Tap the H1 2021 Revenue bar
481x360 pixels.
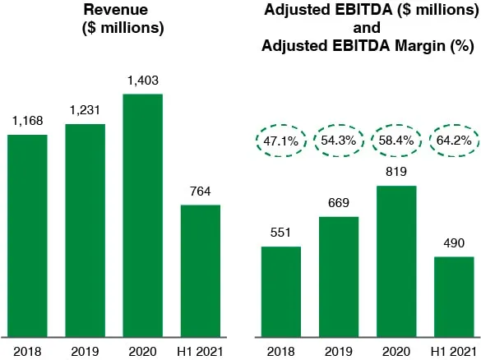pos(200,270)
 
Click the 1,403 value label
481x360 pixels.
pos(142,80)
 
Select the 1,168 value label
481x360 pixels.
pos(27,121)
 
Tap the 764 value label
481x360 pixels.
pos(200,192)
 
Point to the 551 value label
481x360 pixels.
pos(281,233)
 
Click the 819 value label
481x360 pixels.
pos(396,173)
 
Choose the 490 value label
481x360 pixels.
pos(454,244)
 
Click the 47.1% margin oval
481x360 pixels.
pos(281,141)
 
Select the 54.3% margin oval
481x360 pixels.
pos(339,141)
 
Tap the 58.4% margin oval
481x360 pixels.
pos(396,141)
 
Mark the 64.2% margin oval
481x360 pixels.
pos(454,141)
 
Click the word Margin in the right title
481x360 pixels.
pos(419,47)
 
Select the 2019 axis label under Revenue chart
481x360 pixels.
pos(85,349)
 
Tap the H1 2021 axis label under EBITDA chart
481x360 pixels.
pos(454,349)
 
